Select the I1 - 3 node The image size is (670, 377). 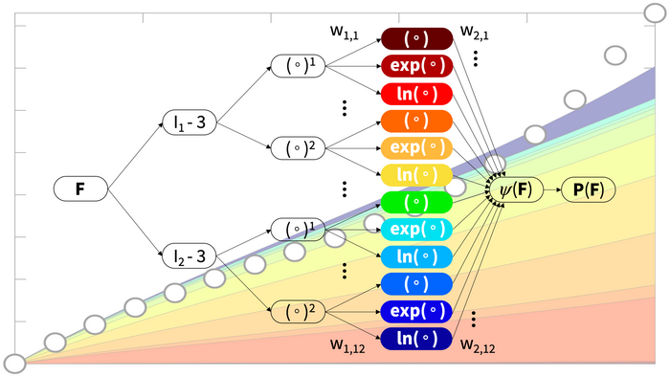click(189, 123)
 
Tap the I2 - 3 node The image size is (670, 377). click(189, 255)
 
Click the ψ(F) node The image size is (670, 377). click(517, 189)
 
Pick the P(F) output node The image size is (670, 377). click(588, 189)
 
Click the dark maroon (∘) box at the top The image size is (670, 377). click(416, 39)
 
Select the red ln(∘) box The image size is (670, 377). click(416, 94)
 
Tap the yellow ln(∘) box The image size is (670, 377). click(416, 175)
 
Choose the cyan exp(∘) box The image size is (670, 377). click(416, 230)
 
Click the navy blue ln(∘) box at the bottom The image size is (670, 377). click(416, 339)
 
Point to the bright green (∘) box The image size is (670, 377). click(416, 203)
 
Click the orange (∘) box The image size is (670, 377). click(416, 122)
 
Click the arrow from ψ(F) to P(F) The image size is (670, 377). click(550, 189)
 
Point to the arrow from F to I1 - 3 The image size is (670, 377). click(133, 157)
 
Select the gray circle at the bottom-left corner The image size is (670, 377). click(14, 363)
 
